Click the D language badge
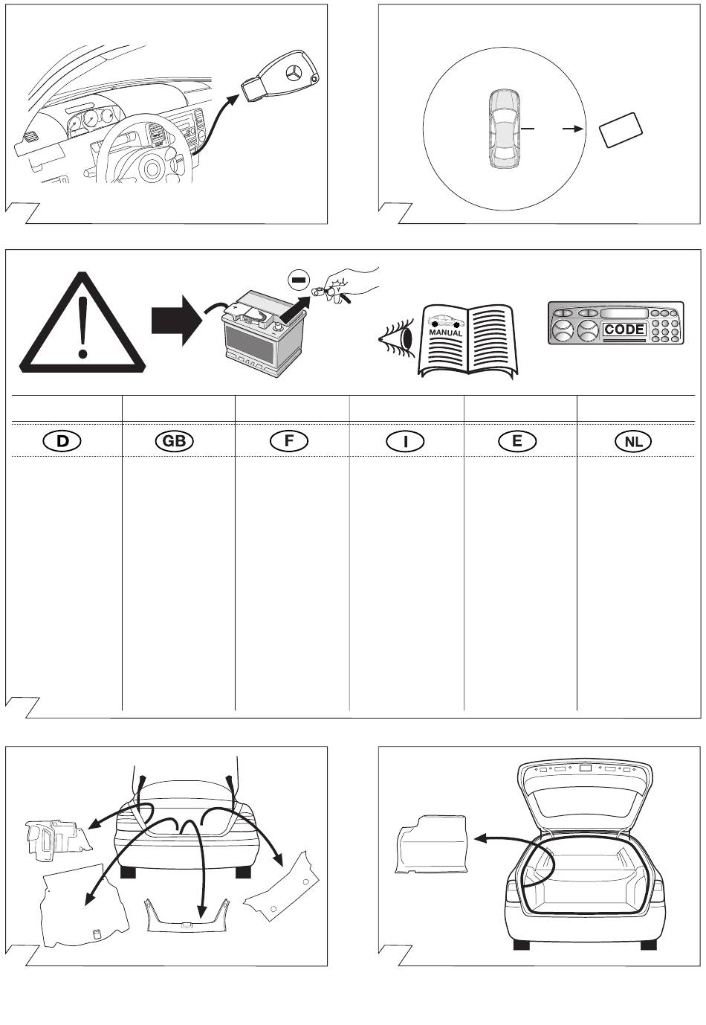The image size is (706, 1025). tap(62, 441)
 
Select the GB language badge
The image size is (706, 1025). tap(173, 441)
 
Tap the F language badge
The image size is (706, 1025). tap(289, 441)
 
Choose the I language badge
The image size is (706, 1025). tap(405, 441)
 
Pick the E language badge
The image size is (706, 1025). tap(516, 441)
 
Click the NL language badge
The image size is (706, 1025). tap(632, 441)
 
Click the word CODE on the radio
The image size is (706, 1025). tap(624, 330)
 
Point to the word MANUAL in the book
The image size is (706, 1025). tap(446, 333)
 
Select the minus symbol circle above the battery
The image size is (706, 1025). tap(297, 280)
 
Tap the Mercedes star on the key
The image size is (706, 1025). tap(296, 75)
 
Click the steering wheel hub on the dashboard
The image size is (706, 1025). tap(152, 167)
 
